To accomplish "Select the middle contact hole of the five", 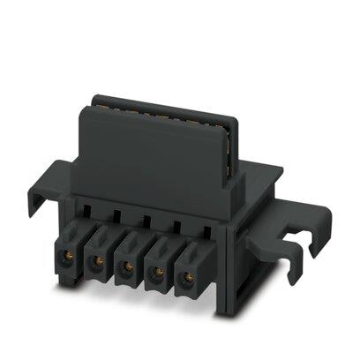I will (x=126, y=266).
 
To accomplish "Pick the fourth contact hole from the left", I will (x=157, y=272).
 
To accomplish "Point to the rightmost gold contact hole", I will (x=188, y=278).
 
